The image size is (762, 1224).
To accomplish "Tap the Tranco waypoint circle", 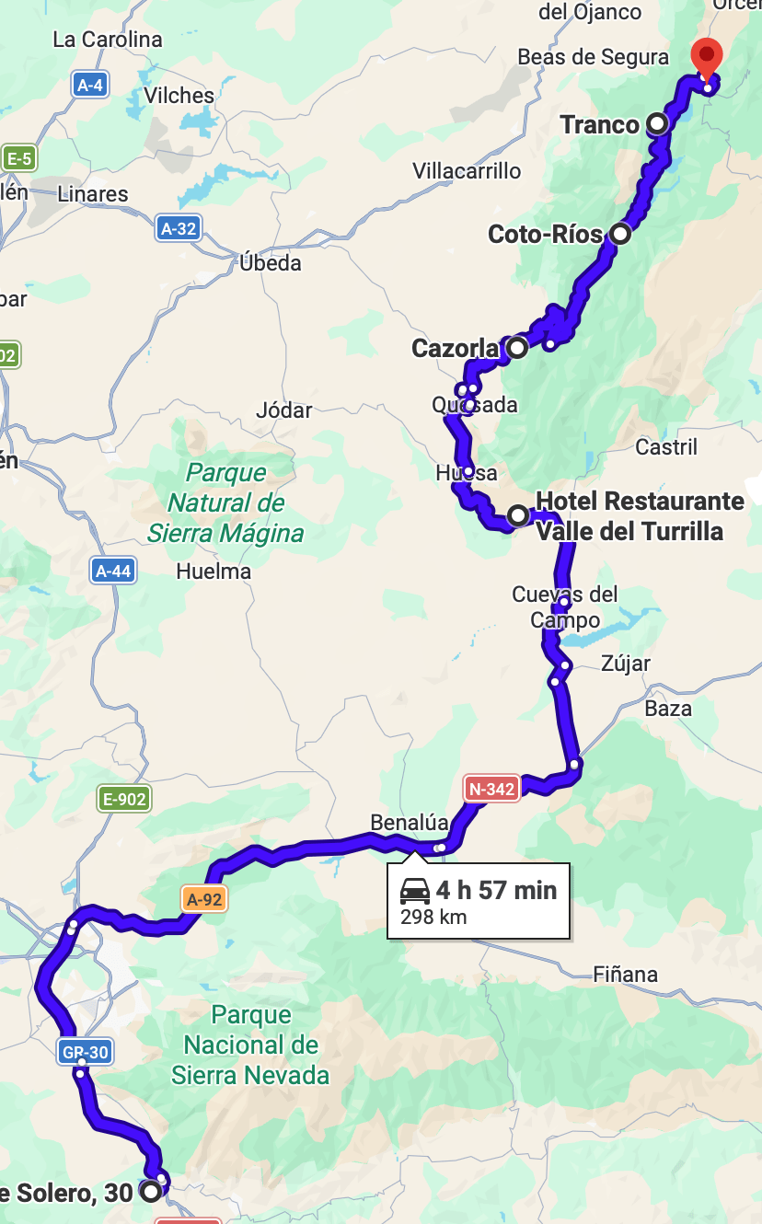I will [x=657, y=123].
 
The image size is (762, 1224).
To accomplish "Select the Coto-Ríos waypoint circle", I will [x=621, y=234].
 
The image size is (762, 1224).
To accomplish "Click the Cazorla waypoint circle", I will [x=517, y=348].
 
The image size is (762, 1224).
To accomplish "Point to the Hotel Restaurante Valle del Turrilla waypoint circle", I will [x=518, y=514].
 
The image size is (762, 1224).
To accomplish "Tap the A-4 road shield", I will [x=90, y=86].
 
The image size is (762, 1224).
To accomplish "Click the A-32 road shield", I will [x=179, y=228].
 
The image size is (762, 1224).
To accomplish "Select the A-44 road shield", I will [x=113, y=571].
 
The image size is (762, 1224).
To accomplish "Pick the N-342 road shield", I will [x=491, y=789].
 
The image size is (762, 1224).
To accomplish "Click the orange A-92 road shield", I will [x=204, y=899].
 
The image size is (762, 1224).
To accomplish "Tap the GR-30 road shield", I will [x=85, y=1051].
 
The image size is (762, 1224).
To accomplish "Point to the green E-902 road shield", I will [x=124, y=799].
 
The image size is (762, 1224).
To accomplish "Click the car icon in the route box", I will [x=415, y=890].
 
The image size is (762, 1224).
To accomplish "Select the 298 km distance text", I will [x=433, y=917].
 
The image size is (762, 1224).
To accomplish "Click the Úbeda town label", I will [x=271, y=263].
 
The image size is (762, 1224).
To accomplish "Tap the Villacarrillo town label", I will [x=467, y=170].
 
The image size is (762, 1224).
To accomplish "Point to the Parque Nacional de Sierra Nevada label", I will [x=250, y=1045].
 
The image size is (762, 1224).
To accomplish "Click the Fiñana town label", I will [x=626, y=974].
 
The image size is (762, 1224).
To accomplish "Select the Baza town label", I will [x=668, y=709].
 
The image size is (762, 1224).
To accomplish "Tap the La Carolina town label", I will [x=108, y=40].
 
